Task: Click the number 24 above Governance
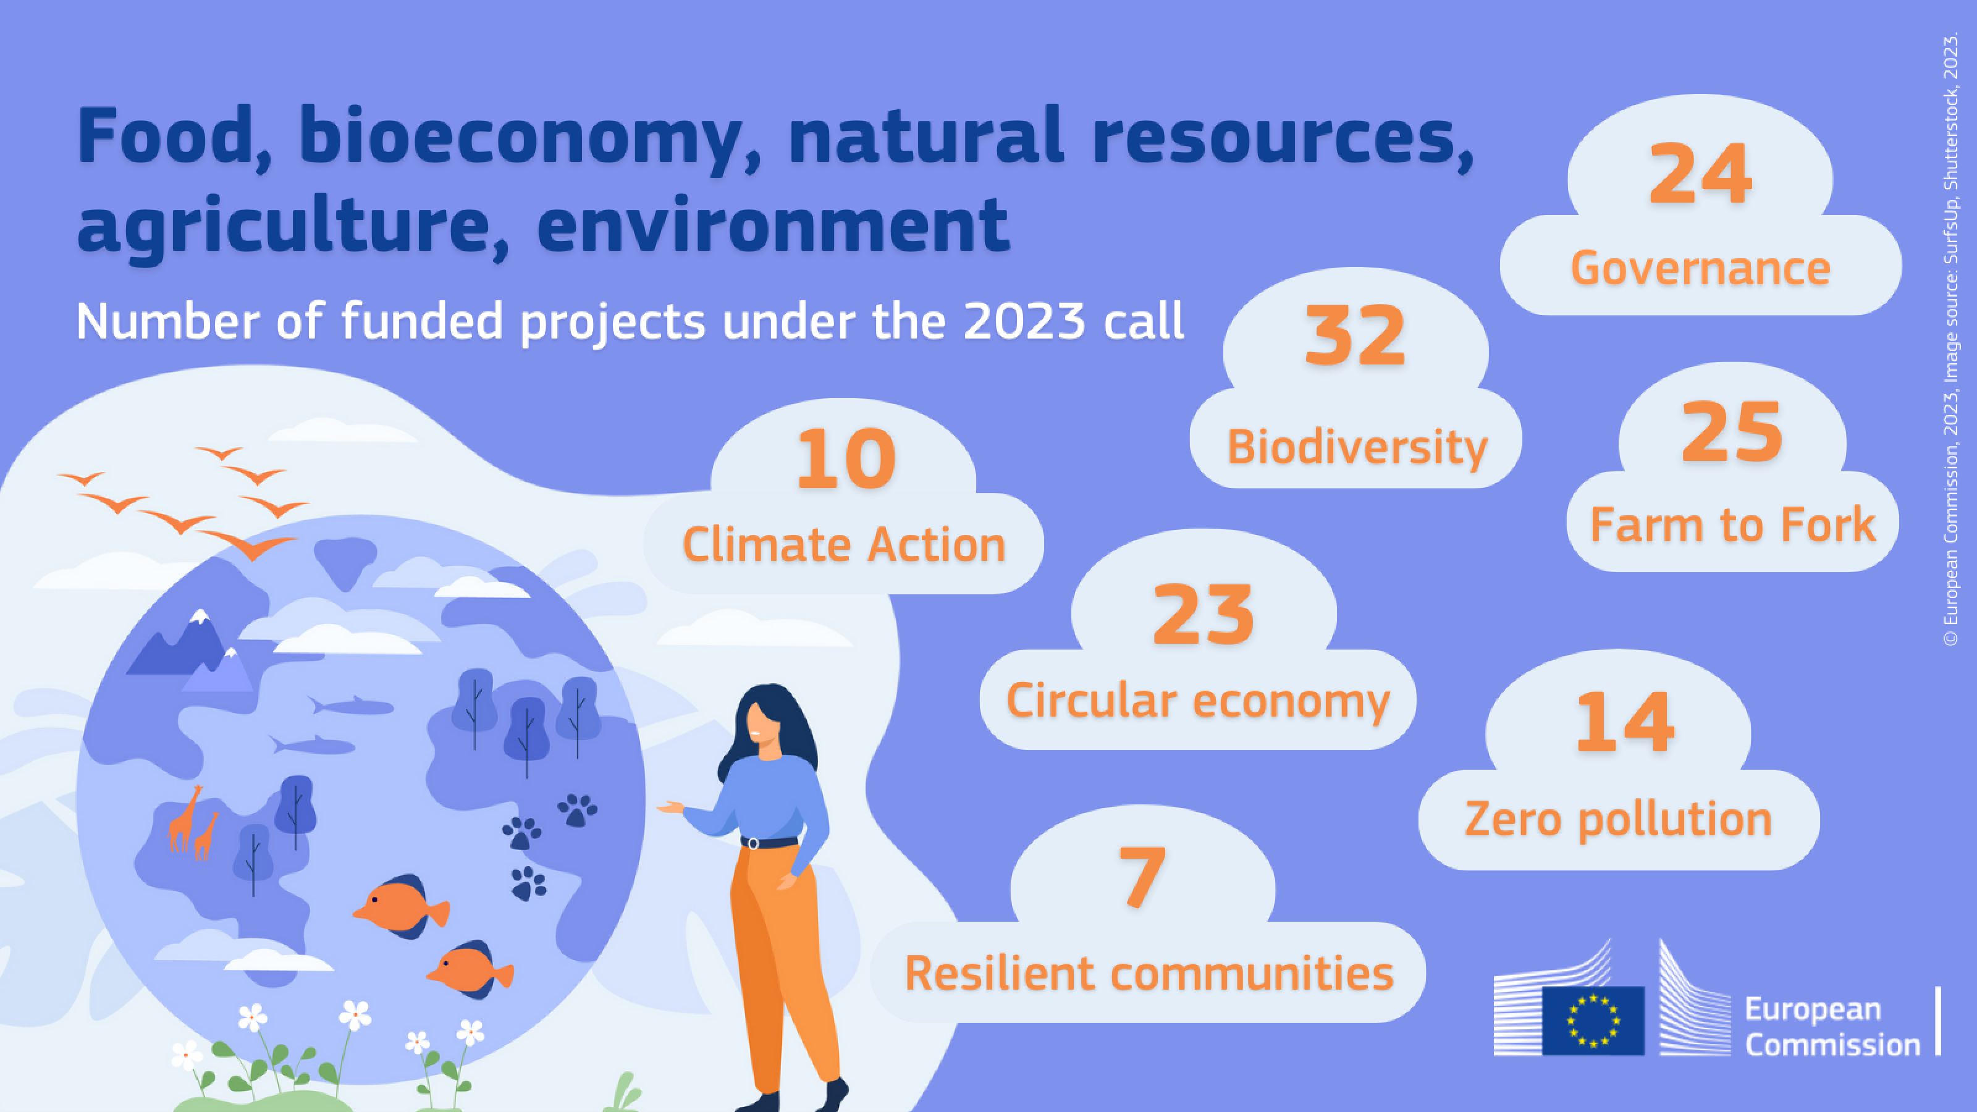pos(1700,174)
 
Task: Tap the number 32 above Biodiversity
pos(1355,335)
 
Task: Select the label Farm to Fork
pos(1732,525)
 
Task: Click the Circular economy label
pos(1198,701)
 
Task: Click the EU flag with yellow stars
pos(1593,1020)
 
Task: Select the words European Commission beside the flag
pos(1832,1027)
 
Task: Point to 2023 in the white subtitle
pos(1024,321)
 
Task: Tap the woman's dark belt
pos(770,843)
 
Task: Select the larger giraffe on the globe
pos(184,818)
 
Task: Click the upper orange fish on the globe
pos(400,907)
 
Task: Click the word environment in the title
pos(772,224)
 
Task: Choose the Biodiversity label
pos(1357,447)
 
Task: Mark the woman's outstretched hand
pos(671,807)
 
